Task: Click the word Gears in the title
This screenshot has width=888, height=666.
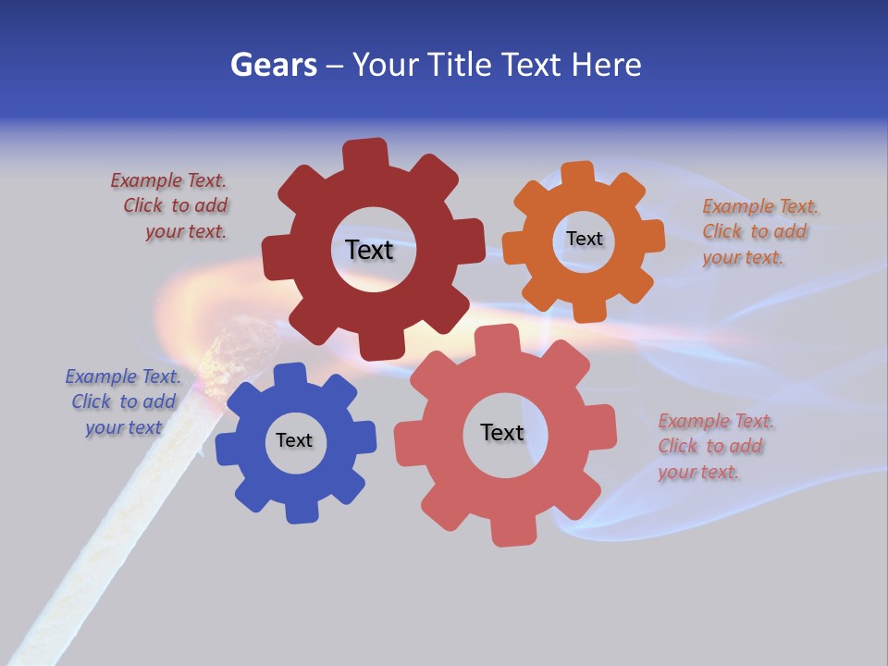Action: [274, 65]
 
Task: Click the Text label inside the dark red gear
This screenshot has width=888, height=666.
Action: [369, 250]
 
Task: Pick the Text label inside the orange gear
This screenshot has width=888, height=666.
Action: [584, 239]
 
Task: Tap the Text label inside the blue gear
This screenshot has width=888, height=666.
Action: [294, 440]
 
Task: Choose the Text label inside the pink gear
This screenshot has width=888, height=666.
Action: [502, 432]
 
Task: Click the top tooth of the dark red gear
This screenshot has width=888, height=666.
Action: [365, 153]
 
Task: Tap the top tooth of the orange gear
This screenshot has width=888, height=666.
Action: [577, 173]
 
